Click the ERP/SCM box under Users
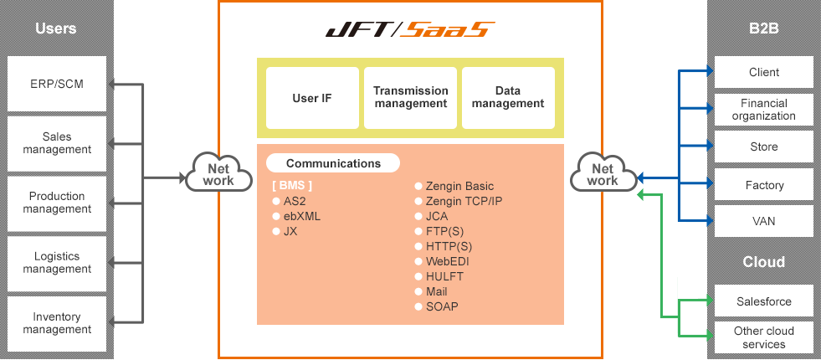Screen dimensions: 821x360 click(x=57, y=84)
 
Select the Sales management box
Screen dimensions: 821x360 click(x=57, y=143)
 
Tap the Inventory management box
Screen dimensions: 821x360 click(x=57, y=323)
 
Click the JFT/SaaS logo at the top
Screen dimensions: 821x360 click(x=410, y=29)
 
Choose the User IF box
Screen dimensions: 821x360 click(x=312, y=98)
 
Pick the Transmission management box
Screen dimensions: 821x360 click(x=410, y=98)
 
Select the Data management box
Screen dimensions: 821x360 click(x=508, y=98)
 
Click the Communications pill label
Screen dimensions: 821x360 click(x=333, y=163)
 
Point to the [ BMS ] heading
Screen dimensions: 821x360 click(x=291, y=186)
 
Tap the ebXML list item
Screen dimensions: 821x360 click(x=296, y=217)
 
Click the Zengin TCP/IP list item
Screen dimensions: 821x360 click(x=459, y=201)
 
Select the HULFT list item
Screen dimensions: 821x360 click(x=439, y=276)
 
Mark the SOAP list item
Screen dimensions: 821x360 click(x=436, y=306)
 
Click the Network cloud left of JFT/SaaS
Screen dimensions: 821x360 click(x=219, y=172)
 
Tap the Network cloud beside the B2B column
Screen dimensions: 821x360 click(x=603, y=172)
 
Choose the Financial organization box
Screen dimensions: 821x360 click(x=763, y=110)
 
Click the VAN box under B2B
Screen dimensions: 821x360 click(x=763, y=221)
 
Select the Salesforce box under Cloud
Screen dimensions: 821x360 click(x=763, y=301)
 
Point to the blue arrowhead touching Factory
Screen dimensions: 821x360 click(x=710, y=183)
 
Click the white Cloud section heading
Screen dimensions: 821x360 click(x=763, y=261)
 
